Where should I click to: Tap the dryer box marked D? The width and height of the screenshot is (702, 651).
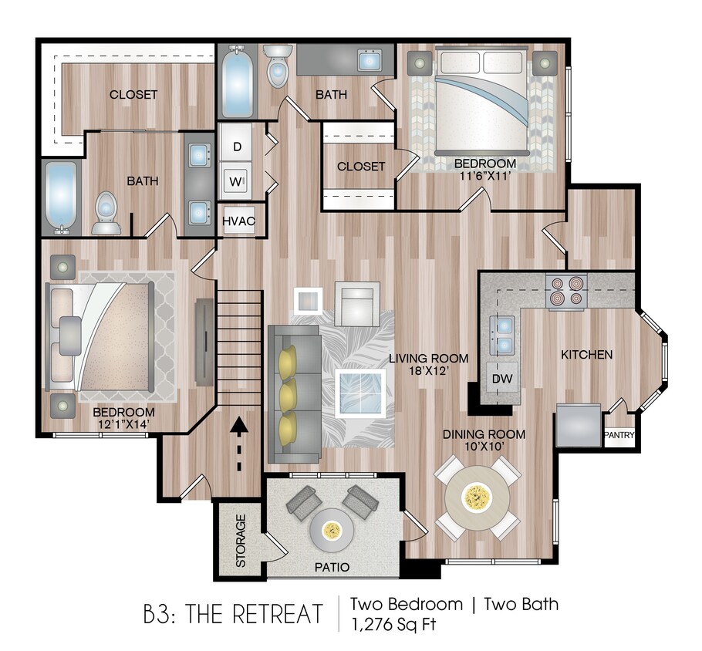tap(238, 147)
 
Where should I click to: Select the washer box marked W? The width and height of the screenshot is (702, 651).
tap(236, 182)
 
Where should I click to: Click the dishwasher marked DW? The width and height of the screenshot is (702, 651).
tap(502, 379)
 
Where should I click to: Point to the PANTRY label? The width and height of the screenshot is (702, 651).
tap(619, 436)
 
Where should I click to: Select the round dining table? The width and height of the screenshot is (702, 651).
tap(476, 498)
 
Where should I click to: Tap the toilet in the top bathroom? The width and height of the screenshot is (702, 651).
tap(277, 65)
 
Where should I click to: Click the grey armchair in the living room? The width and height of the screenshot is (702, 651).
tap(357, 301)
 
